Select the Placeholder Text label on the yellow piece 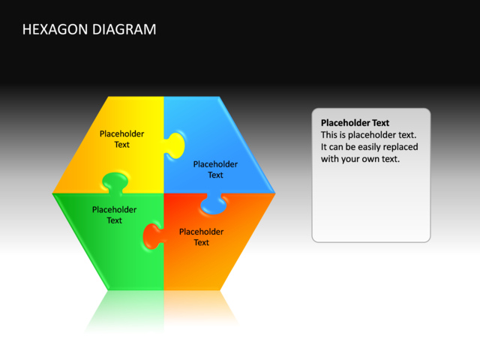click(x=121, y=139)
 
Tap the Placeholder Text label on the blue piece click(x=215, y=169)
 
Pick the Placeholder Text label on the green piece click(x=114, y=215)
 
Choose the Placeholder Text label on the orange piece click(x=201, y=237)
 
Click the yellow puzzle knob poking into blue click(x=175, y=145)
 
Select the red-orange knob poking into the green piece click(x=152, y=235)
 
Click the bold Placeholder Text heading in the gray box click(x=355, y=123)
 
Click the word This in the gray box click(x=330, y=135)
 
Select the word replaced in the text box click(x=401, y=147)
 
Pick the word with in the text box click(x=330, y=159)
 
